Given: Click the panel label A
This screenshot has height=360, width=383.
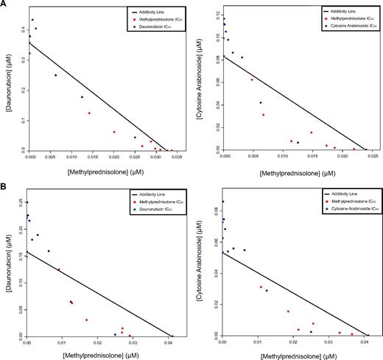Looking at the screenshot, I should click(5, 5).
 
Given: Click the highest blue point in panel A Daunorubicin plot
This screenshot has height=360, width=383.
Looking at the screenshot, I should click(32, 20).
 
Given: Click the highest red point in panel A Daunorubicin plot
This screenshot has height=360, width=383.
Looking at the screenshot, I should click(89, 113).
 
